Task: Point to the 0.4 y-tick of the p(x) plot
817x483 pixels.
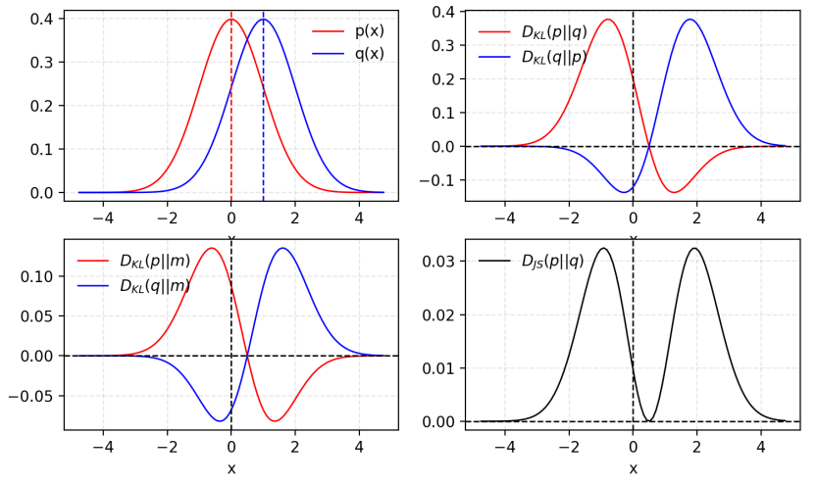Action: click(x=41, y=19)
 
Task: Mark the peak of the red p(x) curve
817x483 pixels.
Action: click(x=231, y=20)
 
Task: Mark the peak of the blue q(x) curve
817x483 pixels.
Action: click(x=263, y=20)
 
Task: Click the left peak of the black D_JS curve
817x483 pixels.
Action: click(x=602, y=248)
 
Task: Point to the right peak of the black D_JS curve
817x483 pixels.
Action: click(x=694, y=248)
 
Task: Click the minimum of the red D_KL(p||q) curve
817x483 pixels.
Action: click(x=673, y=192)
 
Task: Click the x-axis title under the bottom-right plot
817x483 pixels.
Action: click(x=633, y=468)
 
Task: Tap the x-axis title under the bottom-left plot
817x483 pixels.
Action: click(x=231, y=468)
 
